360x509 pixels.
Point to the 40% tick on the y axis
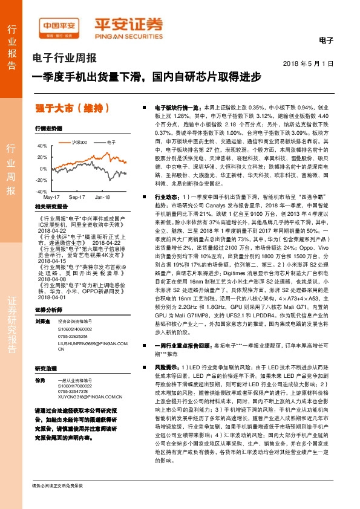coord(42,146)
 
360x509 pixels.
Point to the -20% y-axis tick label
coord(41,180)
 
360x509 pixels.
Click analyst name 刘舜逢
coord(42,321)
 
